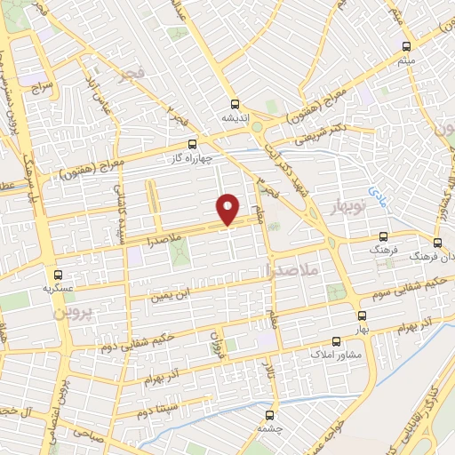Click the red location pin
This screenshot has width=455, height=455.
(228, 209)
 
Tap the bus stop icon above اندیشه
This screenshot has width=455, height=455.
(235, 102)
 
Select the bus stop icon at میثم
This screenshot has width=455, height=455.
(406, 46)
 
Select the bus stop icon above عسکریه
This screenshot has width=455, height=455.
(59, 275)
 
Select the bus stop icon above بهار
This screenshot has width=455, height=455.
(362, 315)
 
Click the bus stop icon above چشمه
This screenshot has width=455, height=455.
(269, 413)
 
